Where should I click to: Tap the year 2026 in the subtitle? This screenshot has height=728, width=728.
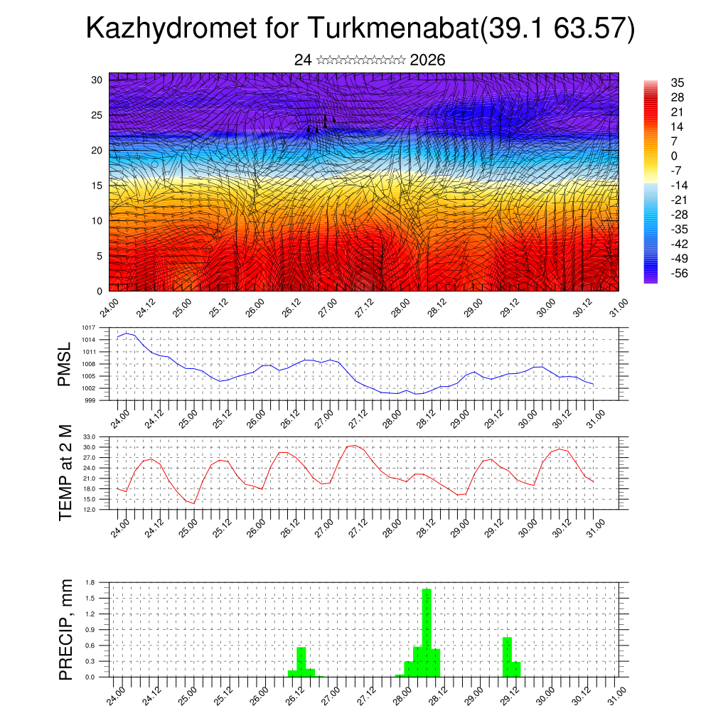(428, 60)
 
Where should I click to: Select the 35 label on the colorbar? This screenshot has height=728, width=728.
(678, 83)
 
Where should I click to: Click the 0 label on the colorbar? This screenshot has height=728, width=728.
(674, 156)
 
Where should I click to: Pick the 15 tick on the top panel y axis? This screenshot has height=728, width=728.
(97, 186)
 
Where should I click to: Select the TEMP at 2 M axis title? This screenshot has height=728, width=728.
(65, 473)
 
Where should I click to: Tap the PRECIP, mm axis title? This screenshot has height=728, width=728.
(65, 630)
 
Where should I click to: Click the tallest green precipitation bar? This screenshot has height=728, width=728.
(427, 631)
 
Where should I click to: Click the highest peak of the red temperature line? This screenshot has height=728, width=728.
(354, 445)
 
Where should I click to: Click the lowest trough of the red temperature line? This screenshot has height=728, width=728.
(193, 503)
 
